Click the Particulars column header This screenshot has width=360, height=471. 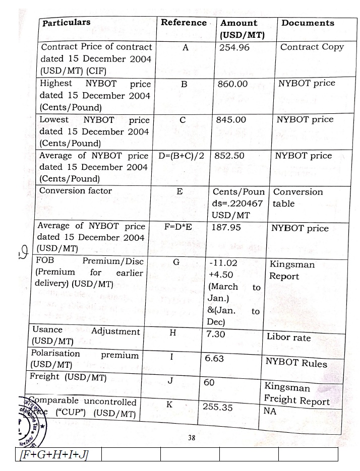click(67, 23)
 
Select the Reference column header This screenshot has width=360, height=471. click(184, 23)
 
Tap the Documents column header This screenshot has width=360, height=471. click(308, 23)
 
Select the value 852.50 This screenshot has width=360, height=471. click(229, 156)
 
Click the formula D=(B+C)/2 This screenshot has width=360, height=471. click(181, 156)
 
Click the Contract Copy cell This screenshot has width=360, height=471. click(312, 47)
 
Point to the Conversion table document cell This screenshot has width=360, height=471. click(297, 198)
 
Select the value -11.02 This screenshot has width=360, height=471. click(222, 263)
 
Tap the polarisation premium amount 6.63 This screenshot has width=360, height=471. click(214, 359)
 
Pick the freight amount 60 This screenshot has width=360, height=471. click(209, 383)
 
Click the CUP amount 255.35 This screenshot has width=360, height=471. click(217, 407)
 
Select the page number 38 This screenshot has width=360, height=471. click(192, 438)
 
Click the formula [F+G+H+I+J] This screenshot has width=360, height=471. click(52, 455)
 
